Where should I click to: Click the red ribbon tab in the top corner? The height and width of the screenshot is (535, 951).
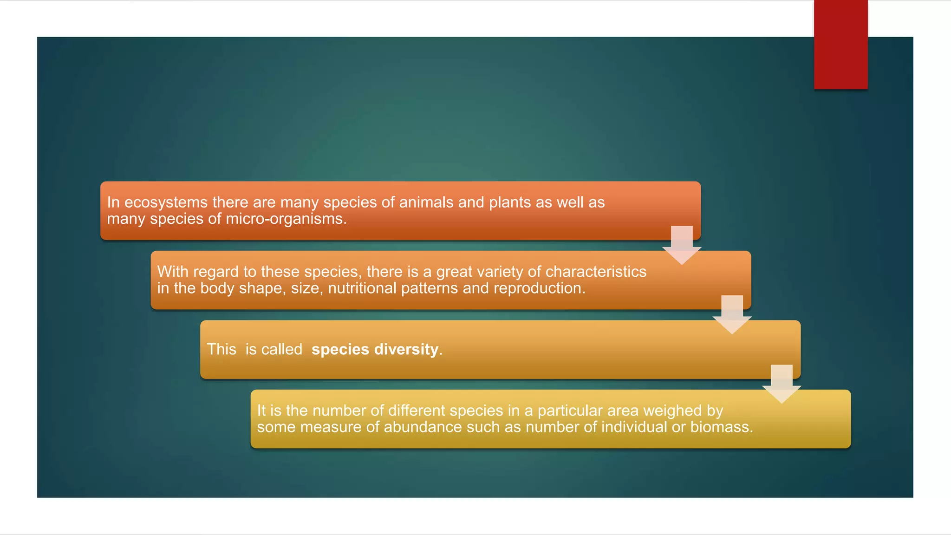click(840, 45)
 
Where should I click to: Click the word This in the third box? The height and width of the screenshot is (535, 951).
click(221, 349)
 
